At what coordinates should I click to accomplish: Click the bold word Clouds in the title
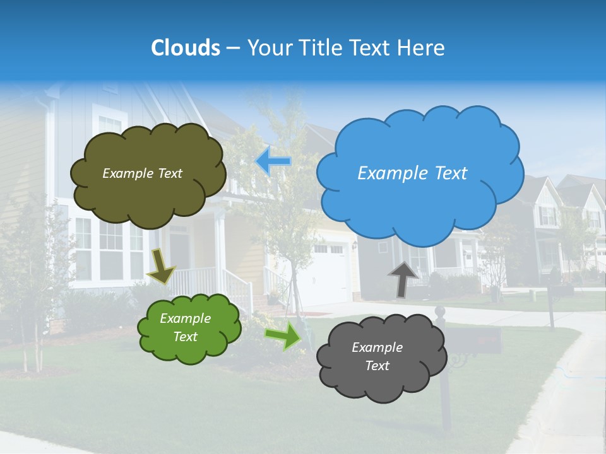tap(186, 48)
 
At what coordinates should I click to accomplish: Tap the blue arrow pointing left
tap(273, 161)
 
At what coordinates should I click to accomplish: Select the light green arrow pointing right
tap(283, 335)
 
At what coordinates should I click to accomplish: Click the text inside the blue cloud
tap(412, 173)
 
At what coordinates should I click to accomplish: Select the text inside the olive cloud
tap(142, 173)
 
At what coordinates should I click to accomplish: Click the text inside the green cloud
tap(186, 328)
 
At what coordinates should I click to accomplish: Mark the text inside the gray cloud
tap(377, 356)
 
